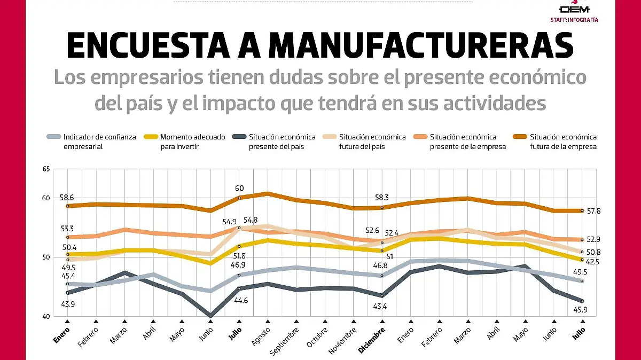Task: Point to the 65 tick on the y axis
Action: coord(45,169)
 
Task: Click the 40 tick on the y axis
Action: coord(45,317)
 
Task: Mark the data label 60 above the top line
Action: coord(239,188)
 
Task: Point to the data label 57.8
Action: coord(593,212)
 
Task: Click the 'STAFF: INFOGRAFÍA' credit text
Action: coord(574,20)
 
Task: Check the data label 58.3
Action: coord(382,197)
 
